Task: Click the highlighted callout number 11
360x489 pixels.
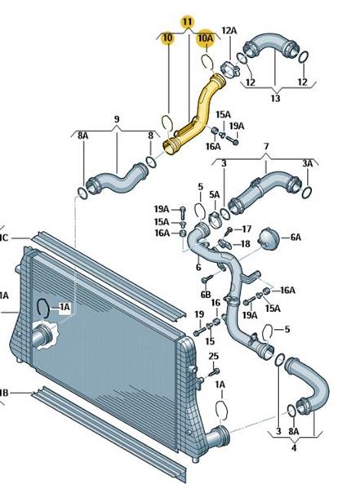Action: [187, 22]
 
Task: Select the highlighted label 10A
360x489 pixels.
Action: [206, 38]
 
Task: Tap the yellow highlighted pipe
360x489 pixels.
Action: [194, 114]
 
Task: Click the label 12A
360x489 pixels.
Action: [229, 30]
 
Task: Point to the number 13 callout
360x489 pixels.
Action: [275, 99]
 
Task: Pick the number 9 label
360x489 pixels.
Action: [117, 119]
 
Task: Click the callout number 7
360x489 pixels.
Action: [266, 146]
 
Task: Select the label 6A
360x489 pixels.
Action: [296, 238]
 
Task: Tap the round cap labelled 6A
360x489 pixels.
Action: [268, 238]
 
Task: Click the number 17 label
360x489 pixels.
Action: [247, 229]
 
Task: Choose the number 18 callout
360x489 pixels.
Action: [246, 243]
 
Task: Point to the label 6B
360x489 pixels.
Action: [206, 294]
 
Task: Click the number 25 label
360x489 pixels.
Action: [213, 356]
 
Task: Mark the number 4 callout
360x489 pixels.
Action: [294, 448]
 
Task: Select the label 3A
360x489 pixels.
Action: [308, 163]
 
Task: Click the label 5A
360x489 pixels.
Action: [215, 195]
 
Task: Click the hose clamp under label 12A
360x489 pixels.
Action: [229, 69]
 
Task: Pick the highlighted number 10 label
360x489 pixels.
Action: [167, 38]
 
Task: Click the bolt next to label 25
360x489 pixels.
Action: [214, 371]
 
